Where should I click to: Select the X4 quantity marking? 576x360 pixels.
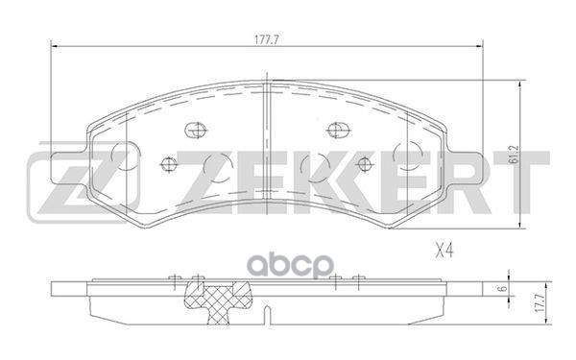coord(444,252)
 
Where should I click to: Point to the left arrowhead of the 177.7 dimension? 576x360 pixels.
coord(54,46)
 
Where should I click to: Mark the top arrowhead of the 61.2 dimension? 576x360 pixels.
coord(521,84)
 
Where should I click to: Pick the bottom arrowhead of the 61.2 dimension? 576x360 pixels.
coord(521,225)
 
